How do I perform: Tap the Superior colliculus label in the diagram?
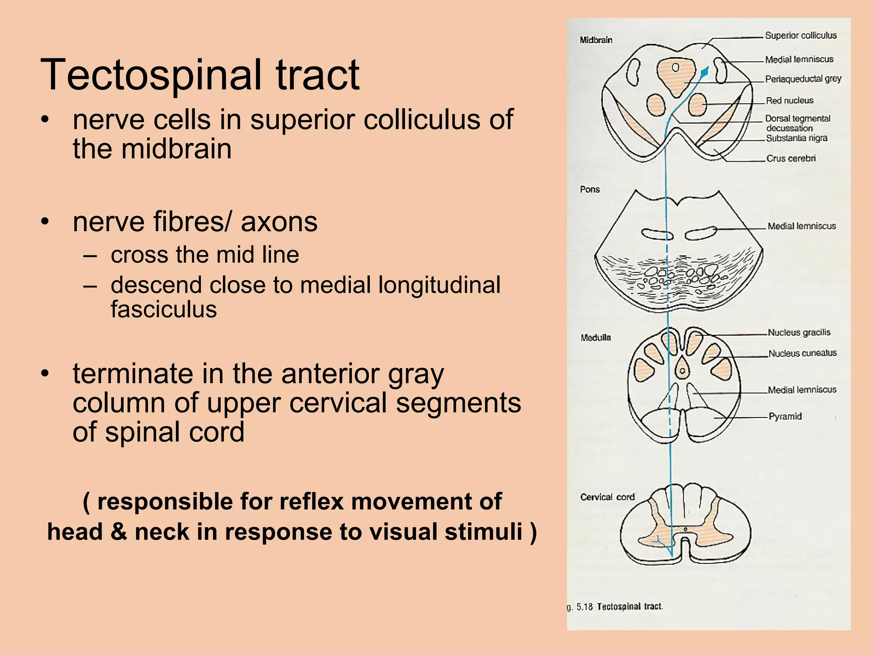(801, 35)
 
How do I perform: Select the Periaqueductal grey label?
(803, 79)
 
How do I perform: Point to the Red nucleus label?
(789, 101)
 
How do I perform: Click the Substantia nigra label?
(796, 138)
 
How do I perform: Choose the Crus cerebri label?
(791, 159)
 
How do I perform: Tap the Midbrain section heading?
(596, 40)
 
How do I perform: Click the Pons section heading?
(590, 189)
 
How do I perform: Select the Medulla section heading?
(595, 338)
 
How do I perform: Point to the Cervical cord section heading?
(607, 497)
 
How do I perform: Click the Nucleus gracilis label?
(799, 333)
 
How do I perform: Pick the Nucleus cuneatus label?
(802, 354)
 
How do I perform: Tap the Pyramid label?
(785, 416)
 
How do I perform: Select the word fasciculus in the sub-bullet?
(164, 309)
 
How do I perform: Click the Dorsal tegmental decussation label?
(797, 123)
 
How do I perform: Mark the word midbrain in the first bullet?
(176, 149)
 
